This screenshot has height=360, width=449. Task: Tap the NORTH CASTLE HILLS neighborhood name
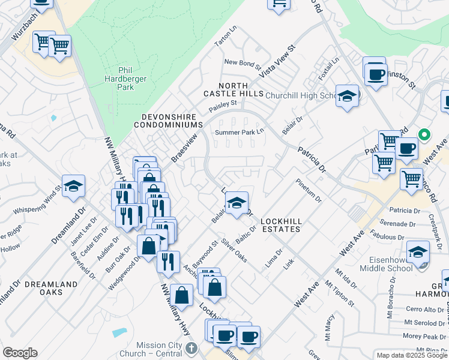coord(234,90)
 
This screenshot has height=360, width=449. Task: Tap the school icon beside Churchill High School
coord(347,96)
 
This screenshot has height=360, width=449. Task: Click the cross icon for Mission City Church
coord(191,347)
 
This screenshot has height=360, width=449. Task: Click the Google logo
coord(19,353)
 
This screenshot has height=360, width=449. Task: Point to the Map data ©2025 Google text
coord(411,355)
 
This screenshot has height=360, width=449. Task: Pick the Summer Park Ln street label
coord(240,131)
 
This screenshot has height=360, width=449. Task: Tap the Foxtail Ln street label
coord(329,70)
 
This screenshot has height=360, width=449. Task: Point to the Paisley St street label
coord(223,105)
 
